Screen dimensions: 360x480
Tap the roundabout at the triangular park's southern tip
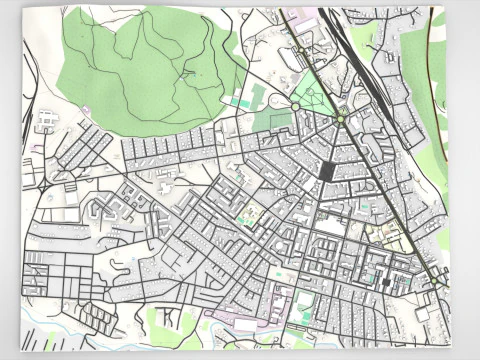coord(340,120)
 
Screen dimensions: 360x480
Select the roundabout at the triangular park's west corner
coord(295,105)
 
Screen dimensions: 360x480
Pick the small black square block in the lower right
coord(386,282)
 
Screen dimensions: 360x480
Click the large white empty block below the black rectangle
coord(329,226)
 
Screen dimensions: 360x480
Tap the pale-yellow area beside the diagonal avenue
coord(384,232)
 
